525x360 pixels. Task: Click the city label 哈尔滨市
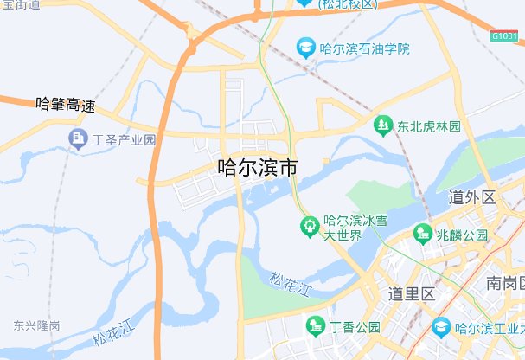[257, 167]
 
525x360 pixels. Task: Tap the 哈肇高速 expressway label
[64, 106]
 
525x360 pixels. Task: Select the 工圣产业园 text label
[125, 138]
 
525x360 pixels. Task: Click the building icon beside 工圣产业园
[80, 138]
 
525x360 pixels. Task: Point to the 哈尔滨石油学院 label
[364, 48]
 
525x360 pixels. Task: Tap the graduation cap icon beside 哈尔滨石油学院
[305, 47]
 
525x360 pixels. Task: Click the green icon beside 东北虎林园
[381, 125]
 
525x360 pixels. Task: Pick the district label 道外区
[472, 198]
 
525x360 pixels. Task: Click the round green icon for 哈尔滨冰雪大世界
[309, 228]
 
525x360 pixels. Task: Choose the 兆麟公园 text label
[463, 235]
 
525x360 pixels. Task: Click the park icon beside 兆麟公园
[423, 233]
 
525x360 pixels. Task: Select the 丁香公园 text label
[355, 327]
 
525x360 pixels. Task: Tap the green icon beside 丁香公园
[317, 326]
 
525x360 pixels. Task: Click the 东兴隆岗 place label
[36, 325]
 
